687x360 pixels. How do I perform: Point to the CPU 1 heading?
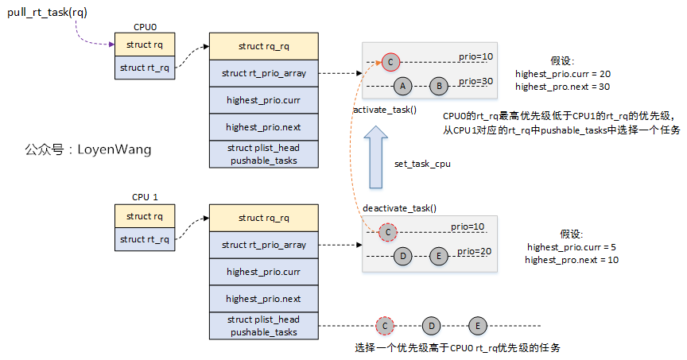tap(145, 196)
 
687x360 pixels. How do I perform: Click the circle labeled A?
tap(403, 85)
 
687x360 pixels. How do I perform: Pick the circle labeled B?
tap(439, 85)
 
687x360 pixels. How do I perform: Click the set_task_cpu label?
tap(422, 165)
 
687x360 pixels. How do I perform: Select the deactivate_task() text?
tap(400, 207)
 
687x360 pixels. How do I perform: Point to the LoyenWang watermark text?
tap(87, 149)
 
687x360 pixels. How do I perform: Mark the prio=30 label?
tap(476, 81)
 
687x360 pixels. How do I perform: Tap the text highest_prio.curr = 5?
tap(572, 247)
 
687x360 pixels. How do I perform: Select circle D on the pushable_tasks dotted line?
tap(431, 325)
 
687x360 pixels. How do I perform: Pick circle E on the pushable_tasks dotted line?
tap(477, 325)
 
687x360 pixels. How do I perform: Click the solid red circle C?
tap(390, 61)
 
